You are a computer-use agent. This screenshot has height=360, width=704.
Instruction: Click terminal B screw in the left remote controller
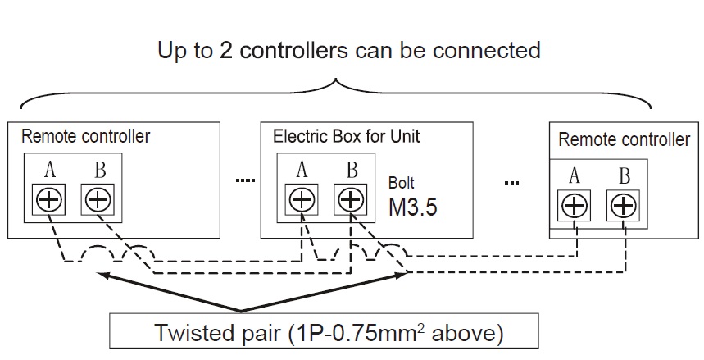tap(98, 198)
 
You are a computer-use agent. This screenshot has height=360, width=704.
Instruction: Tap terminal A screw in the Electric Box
tap(302, 198)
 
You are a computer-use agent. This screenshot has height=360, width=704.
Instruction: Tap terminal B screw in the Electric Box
tap(351, 198)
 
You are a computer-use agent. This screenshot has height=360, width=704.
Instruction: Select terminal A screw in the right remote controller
tap(575, 205)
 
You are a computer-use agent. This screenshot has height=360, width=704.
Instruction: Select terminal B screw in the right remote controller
tap(624, 205)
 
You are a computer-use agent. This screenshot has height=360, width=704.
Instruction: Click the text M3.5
tap(412, 205)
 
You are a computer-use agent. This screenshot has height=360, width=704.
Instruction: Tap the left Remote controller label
tap(85, 136)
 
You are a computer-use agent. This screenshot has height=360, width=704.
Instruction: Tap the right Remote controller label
tap(624, 139)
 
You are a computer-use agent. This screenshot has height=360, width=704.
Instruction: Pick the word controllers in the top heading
tap(289, 50)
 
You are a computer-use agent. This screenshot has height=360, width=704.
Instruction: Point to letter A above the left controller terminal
tap(50, 170)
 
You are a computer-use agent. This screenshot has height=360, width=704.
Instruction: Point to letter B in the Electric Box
tap(352, 170)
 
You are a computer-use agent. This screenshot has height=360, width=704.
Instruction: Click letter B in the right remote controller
tap(625, 175)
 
